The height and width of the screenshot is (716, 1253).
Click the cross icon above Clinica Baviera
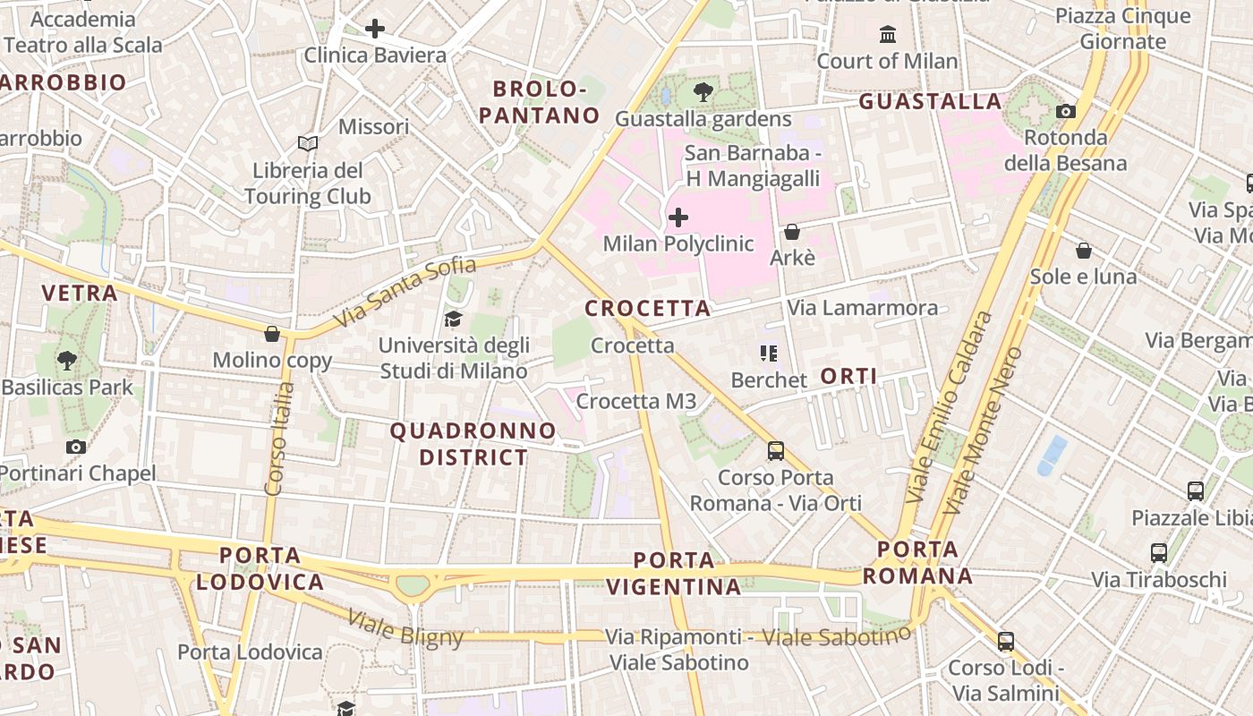tap(375, 29)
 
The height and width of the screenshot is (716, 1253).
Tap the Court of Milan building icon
tap(888, 35)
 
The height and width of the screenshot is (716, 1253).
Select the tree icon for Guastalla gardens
tap(703, 91)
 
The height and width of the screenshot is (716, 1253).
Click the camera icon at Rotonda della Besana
tap(1066, 111)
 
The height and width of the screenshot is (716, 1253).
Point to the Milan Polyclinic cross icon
tap(678, 217)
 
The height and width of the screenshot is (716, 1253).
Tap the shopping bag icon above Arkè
tap(792, 232)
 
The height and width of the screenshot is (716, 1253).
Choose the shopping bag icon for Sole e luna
tap(1083, 250)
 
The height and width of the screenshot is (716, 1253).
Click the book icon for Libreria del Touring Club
tap(308, 143)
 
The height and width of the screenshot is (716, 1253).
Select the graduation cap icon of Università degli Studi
tap(454, 319)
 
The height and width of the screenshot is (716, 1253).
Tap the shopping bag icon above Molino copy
tap(272, 334)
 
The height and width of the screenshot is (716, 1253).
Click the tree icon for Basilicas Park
tap(66, 361)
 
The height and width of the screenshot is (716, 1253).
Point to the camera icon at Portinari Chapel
tap(76, 447)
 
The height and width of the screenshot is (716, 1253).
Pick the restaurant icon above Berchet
tap(768, 354)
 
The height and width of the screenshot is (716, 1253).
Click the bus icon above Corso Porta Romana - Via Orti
tap(776, 451)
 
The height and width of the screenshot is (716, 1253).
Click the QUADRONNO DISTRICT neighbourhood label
tap(473, 444)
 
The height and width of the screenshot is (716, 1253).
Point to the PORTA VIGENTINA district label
tap(674, 574)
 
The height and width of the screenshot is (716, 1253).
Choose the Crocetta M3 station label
tap(635, 401)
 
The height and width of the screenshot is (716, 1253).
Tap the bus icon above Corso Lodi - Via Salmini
tap(1006, 641)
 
